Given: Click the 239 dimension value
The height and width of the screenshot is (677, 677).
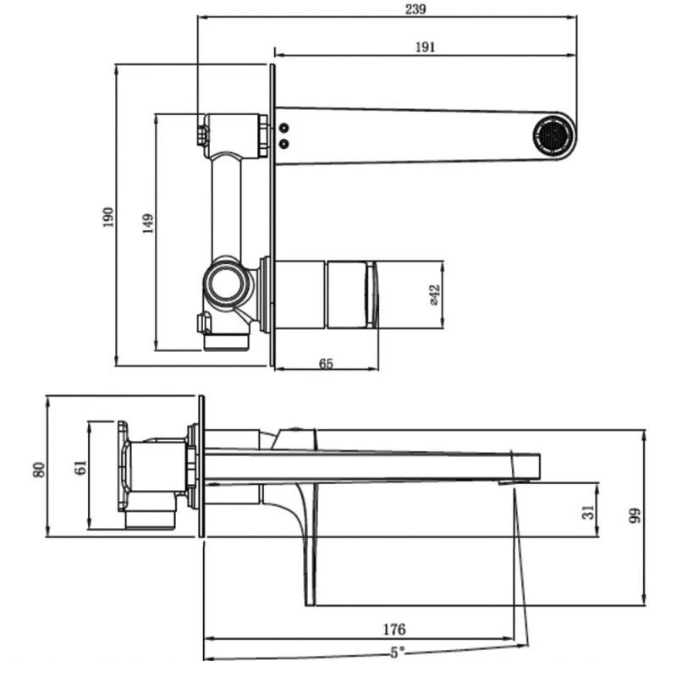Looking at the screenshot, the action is coord(416,9).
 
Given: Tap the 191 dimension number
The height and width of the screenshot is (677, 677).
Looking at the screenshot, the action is coord(426,47).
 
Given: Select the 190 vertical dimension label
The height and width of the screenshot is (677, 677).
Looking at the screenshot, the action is coord(108,217).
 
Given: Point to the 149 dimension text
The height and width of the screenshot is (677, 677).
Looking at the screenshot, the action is coord(147,223).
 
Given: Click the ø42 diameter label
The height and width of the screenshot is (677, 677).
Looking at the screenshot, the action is coord(435,294).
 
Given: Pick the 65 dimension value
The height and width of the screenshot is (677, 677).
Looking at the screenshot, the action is coord(326,364).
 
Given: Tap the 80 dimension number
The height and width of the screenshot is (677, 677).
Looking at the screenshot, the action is coord(39,470).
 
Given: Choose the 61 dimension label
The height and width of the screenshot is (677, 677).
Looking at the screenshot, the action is coord(80,468).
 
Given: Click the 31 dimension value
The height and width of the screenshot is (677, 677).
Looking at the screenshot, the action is coord(588,512).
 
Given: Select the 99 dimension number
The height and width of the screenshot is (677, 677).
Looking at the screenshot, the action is coord(635,516).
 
